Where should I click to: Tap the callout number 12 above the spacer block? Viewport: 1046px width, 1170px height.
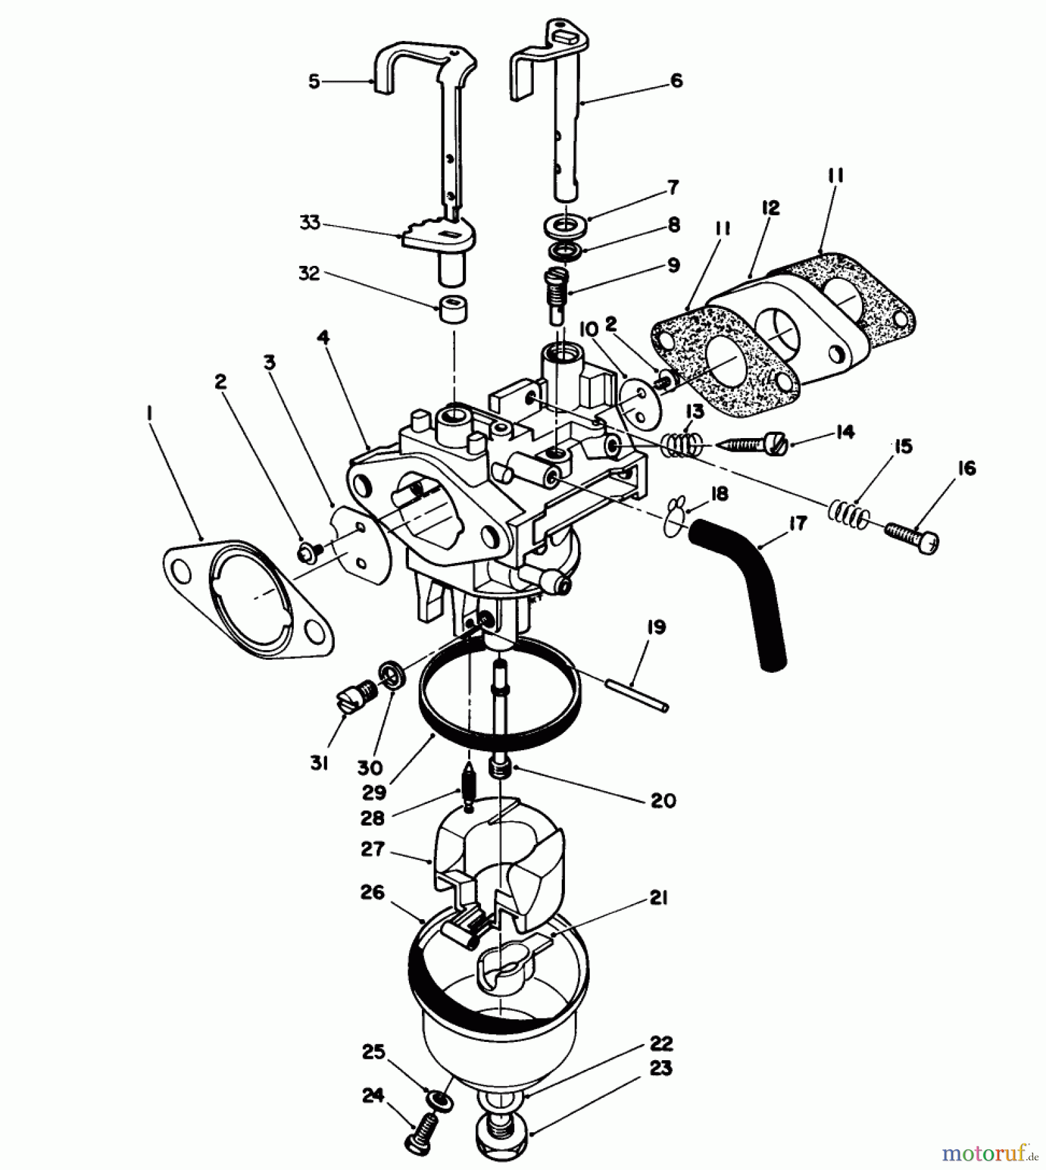point(770,208)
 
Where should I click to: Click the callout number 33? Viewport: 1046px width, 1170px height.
point(310,222)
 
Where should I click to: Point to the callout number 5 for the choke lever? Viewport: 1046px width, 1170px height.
point(315,82)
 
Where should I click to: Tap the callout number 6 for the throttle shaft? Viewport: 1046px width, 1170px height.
point(676,81)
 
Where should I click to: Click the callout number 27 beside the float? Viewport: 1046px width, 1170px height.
point(373,849)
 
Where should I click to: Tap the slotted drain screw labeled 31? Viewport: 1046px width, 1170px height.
point(352,701)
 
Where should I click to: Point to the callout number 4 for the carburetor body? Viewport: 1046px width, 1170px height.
point(323,337)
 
